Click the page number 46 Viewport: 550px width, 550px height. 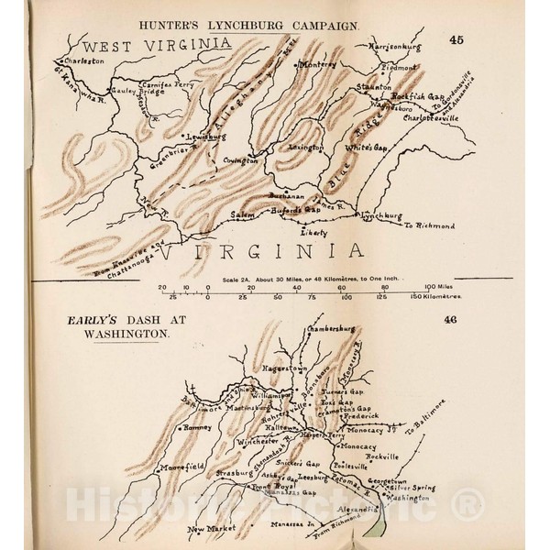pyautogui.click(x=450, y=320)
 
